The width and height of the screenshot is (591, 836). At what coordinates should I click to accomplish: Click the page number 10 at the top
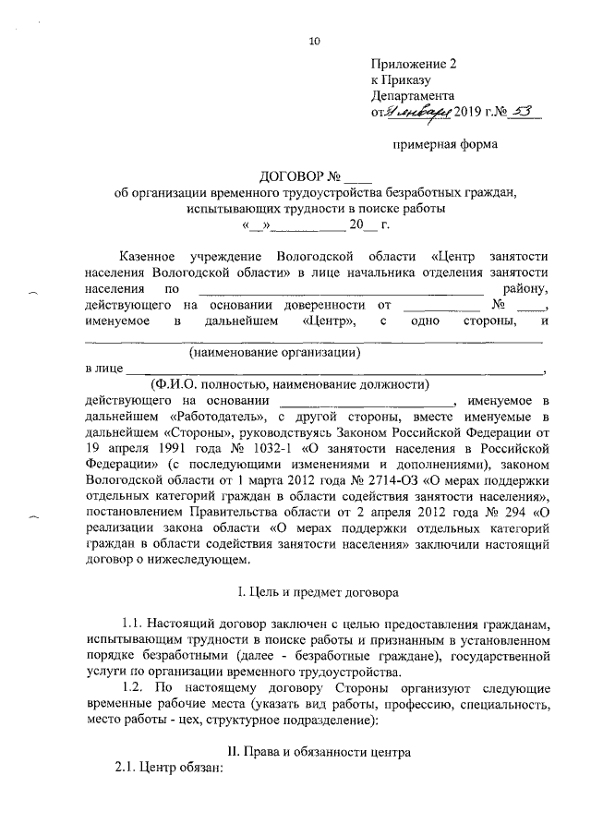(315, 41)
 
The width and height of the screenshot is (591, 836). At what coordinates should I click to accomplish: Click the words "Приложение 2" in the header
(414, 65)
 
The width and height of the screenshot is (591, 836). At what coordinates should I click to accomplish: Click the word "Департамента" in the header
(412, 95)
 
